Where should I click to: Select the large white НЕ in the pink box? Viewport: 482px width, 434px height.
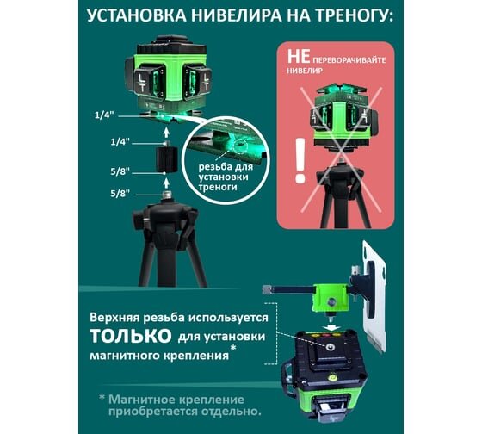pos(299,56)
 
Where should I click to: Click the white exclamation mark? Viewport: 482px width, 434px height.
pos(300,160)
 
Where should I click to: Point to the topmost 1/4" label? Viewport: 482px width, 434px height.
pos(104,115)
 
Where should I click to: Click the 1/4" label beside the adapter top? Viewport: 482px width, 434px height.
pos(120,142)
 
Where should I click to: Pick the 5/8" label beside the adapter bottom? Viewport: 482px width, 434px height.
pos(120,171)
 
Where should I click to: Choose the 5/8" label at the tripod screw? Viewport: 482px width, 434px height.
pos(120,194)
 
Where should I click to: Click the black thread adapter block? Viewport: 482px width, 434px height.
pos(166,158)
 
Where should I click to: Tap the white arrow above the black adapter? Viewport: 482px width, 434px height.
pos(166,132)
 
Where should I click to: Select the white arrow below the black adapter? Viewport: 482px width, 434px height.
pos(166,183)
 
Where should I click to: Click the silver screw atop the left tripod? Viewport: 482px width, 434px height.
pos(167,195)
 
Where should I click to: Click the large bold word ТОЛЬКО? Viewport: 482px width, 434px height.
pos(131,336)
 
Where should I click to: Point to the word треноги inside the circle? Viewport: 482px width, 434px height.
pos(218,187)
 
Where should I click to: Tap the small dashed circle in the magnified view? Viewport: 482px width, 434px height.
pos(240,146)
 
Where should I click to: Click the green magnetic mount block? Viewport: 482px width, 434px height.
pos(331,298)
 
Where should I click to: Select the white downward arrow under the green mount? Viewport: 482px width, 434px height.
pos(331,326)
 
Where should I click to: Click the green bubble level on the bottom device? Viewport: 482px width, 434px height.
pos(332,375)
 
